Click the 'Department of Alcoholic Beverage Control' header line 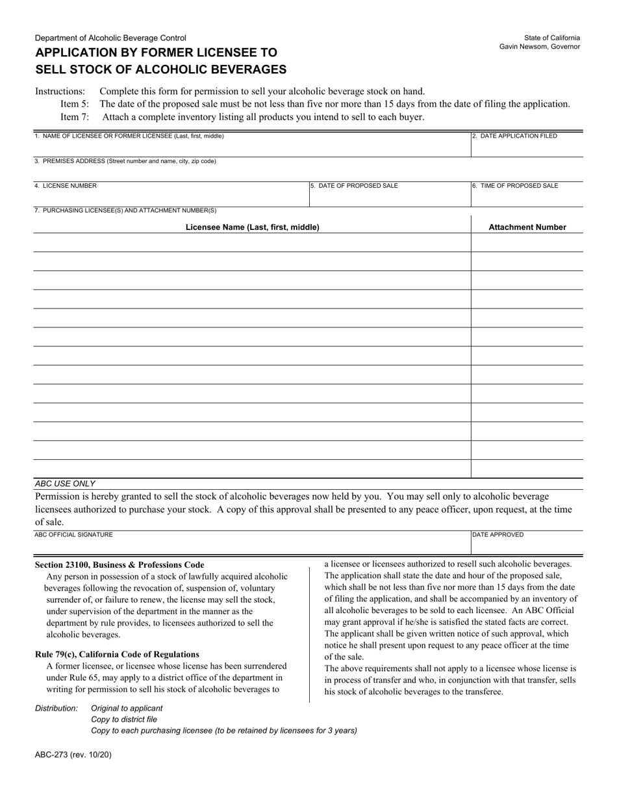(x=110, y=38)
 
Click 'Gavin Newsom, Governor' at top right (x=539, y=47)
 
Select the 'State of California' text (x=552, y=38)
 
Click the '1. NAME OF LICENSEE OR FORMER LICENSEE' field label (x=129, y=136)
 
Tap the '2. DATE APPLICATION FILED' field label (x=514, y=136)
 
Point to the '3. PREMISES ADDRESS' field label (x=125, y=161)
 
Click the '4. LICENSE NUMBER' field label (x=66, y=186)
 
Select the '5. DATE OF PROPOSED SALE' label (x=354, y=186)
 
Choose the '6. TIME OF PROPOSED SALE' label (x=515, y=186)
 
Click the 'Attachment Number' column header (x=527, y=227)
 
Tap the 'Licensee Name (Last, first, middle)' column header (x=252, y=227)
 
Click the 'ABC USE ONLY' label (x=65, y=483)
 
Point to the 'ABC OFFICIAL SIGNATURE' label (x=73, y=535)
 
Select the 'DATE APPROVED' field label (x=497, y=535)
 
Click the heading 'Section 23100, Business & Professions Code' (x=120, y=565)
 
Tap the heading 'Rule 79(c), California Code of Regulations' (x=117, y=654)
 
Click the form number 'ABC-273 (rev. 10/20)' (x=68, y=755)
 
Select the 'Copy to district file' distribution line (x=124, y=719)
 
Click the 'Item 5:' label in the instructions (x=75, y=104)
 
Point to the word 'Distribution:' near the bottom (x=57, y=708)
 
